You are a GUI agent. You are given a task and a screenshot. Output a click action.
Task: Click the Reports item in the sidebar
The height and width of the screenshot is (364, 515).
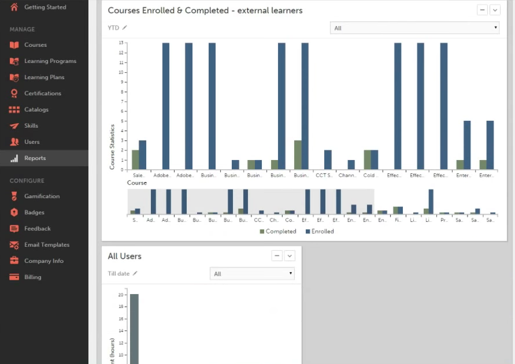35,158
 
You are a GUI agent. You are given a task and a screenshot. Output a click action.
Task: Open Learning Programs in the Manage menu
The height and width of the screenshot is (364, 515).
50,61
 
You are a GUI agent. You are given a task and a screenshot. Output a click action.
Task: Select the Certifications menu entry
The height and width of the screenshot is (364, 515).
42,94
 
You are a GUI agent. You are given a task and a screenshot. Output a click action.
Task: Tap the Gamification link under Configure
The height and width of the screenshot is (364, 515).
42,196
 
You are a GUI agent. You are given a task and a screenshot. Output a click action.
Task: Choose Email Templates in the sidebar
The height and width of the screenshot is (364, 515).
46,245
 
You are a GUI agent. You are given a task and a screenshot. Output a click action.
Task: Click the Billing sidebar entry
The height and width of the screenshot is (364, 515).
32,277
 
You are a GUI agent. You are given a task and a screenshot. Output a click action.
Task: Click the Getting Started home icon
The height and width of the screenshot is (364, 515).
14,7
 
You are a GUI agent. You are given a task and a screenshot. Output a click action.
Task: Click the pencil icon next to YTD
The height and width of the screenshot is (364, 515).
125,28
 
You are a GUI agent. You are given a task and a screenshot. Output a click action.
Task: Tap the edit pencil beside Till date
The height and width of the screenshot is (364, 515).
135,274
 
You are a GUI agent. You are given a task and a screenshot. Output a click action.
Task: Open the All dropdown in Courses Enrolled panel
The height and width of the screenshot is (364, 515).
414,28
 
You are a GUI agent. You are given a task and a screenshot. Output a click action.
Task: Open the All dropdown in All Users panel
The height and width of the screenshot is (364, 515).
252,274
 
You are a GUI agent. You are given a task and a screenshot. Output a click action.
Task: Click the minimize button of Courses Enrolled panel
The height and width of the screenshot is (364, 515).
481,10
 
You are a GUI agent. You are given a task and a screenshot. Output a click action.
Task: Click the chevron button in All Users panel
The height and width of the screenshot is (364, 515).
290,255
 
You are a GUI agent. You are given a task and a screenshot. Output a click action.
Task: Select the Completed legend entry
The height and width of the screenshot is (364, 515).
278,232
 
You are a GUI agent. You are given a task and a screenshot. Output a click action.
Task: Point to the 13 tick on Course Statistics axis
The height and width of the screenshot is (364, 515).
121,43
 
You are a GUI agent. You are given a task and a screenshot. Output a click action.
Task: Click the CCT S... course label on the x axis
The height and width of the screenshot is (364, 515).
324,175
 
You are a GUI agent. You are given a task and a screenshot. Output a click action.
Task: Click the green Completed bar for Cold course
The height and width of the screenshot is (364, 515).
367,159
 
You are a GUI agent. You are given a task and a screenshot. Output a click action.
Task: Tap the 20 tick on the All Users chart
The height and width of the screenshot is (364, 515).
121,295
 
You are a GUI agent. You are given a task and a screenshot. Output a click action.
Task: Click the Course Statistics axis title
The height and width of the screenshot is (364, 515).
112,147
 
